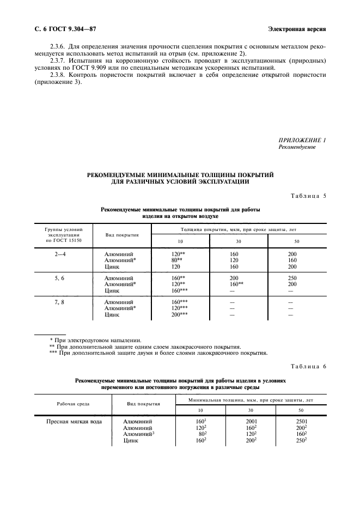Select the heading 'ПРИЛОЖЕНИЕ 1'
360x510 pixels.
coord(302,141)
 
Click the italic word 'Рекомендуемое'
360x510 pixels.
coord(297,147)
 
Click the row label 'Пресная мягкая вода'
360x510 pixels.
coord(74,421)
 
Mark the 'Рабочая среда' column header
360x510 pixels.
coord(74,404)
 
